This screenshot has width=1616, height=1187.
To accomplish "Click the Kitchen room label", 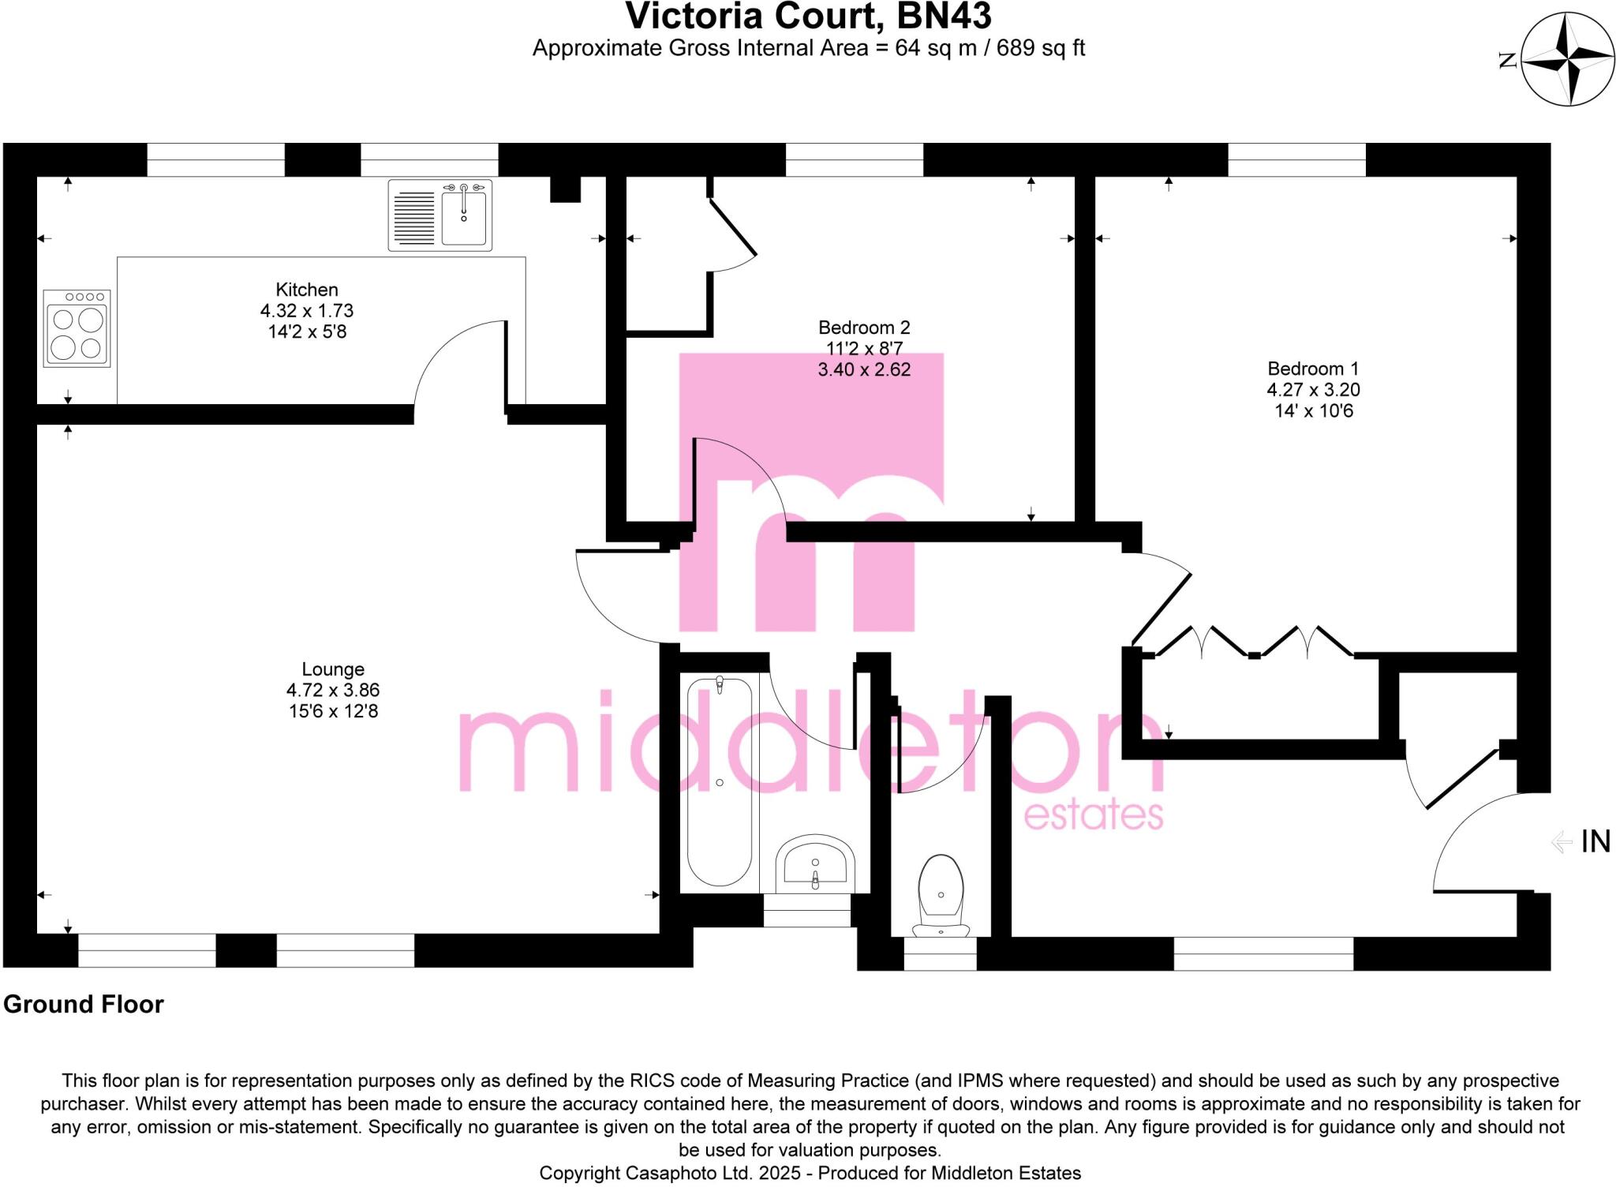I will (x=306, y=290).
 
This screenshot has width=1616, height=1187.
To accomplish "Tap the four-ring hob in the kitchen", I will (x=77, y=328).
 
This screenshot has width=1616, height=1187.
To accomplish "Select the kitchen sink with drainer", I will (x=440, y=215).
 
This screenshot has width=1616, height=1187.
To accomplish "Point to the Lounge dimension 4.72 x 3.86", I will (x=332, y=690).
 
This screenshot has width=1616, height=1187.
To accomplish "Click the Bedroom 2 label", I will (x=863, y=327).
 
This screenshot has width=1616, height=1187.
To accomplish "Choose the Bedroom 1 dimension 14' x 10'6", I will (x=1313, y=410).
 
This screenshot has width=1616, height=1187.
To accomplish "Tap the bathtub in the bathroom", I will (x=719, y=781).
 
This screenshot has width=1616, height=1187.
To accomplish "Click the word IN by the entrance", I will (x=1595, y=841).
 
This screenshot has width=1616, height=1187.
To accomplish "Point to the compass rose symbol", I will (x=1566, y=59).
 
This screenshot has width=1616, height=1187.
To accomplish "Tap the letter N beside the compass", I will (x=1508, y=60).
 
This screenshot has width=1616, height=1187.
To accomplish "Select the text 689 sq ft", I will (x=1040, y=48).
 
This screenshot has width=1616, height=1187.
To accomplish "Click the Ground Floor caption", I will (x=84, y=1004).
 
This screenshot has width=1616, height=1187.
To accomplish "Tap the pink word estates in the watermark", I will (x=1093, y=814).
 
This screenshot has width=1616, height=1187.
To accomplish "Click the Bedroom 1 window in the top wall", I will (x=1296, y=160).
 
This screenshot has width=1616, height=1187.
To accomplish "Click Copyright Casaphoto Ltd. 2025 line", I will (x=810, y=1173).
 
